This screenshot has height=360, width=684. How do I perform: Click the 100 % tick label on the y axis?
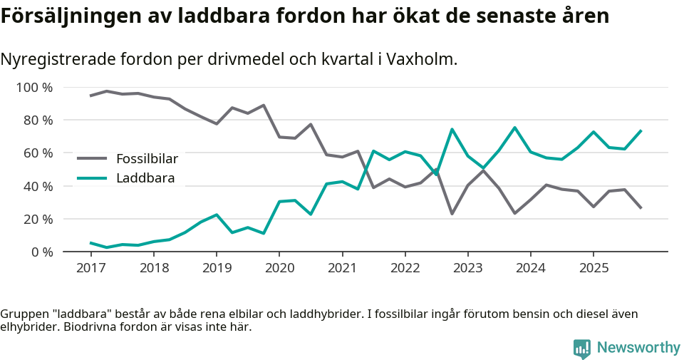click(34, 88)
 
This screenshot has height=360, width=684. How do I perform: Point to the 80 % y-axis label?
click(37, 120)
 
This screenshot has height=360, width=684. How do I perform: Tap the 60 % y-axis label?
click(37, 153)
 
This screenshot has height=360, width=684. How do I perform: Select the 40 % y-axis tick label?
click(37, 186)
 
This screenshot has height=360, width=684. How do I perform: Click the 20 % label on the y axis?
click(37, 219)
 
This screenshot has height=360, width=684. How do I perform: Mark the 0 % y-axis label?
click(41, 252)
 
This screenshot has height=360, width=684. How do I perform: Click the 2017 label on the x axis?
click(90, 268)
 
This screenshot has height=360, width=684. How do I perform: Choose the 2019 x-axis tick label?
click(216, 268)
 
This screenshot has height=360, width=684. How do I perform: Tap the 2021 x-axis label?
click(342, 268)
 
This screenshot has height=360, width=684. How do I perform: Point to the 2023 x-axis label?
click(467, 268)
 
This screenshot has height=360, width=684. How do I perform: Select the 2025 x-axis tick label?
click(594, 268)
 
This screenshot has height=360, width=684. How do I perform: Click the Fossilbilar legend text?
click(147, 158)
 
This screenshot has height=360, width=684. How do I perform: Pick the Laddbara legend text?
click(145, 178)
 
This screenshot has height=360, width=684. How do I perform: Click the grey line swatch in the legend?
click(92, 158)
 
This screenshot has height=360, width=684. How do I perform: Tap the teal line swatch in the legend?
click(92, 178)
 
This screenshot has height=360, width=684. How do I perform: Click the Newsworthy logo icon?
click(582, 348)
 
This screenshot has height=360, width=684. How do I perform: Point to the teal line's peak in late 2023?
click(514, 128)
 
